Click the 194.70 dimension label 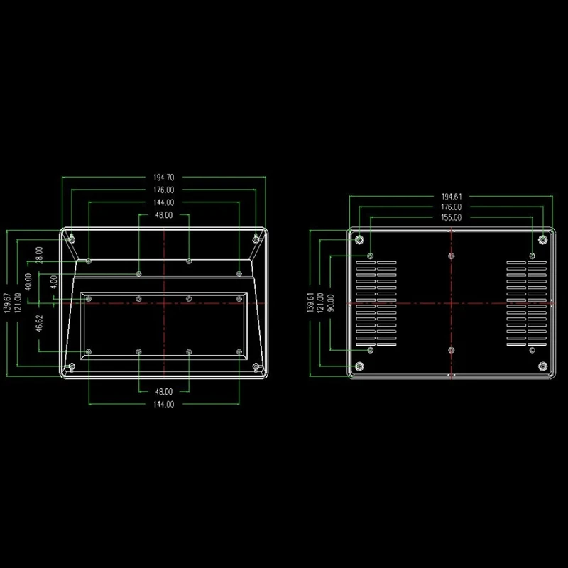pos(164,177)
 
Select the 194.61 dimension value pos(452,196)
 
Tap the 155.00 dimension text pos(452,217)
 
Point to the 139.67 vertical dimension pos(8,307)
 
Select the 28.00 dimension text pos(39,254)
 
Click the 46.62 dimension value pos(39,324)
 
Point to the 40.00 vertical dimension pos(28,281)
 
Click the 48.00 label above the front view pos(164,215)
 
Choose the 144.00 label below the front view pos(164,404)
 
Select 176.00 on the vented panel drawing pos(452,207)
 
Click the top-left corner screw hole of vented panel pos(359,239)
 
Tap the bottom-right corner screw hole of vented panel pos(542,366)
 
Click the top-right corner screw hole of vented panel pos(542,239)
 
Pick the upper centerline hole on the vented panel pos(452,256)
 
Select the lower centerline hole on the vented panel pos(452,350)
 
